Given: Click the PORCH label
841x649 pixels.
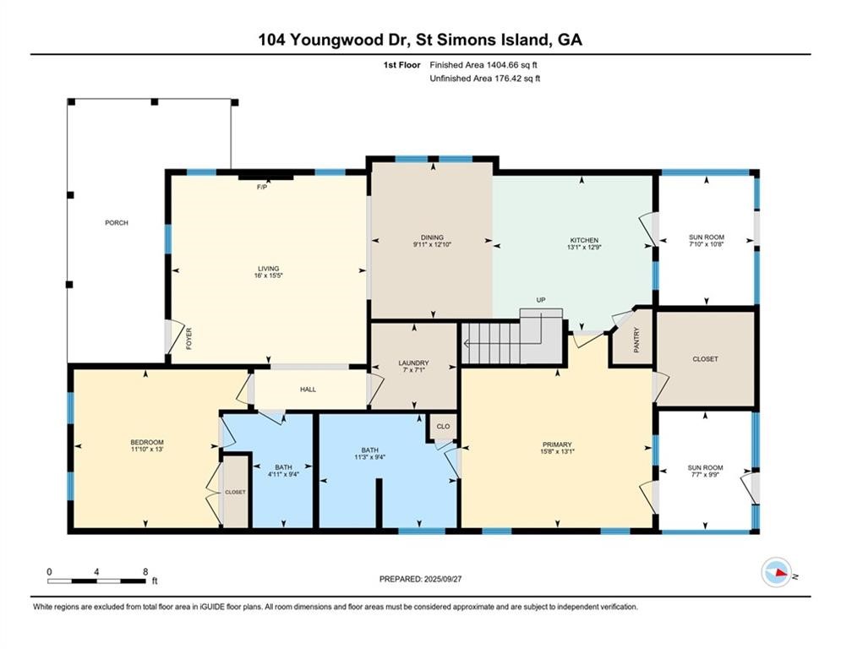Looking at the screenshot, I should [117, 223].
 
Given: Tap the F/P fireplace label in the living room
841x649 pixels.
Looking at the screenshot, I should [262, 187].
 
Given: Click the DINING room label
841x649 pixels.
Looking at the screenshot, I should [432, 237].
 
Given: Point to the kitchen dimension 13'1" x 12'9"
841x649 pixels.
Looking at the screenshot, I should [583, 248].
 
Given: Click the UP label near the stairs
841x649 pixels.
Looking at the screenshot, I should [541, 300].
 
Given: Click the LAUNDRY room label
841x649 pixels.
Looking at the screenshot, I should [414, 363].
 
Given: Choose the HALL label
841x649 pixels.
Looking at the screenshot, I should [308, 390].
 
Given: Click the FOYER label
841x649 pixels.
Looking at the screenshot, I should [189, 338].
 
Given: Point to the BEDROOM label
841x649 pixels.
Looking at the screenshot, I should [146, 443].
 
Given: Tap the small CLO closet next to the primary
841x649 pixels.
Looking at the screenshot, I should [443, 428].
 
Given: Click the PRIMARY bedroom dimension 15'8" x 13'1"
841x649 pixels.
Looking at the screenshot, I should [557, 451].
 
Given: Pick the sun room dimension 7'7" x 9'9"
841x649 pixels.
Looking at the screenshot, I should [705, 475].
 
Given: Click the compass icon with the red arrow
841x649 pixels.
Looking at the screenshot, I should [775, 573].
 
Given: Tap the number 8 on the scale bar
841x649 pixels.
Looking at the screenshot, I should [145, 571].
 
